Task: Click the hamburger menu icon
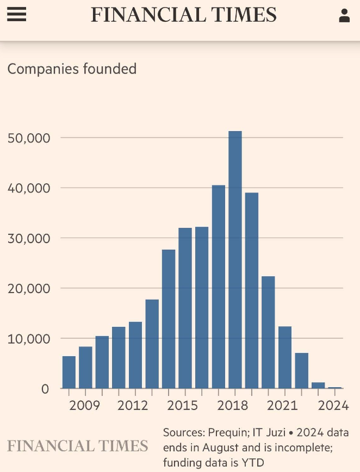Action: tap(16, 14)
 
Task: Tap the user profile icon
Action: tap(344, 15)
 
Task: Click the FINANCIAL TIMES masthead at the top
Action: tap(183, 15)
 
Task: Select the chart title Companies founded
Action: tap(72, 69)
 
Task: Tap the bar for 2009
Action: tap(85, 368)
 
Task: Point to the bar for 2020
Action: tap(268, 332)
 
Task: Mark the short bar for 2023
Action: tap(318, 386)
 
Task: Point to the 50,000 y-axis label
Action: tap(28, 138)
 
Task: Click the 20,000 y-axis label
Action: tap(28, 288)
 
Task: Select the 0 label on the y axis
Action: tap(45, 389)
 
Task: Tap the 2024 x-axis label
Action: tap(333, 406)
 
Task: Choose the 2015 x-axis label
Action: tap(182, 406)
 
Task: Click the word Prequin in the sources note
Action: tap(226, 433)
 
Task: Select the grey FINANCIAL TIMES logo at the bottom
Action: tap(77, 446)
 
